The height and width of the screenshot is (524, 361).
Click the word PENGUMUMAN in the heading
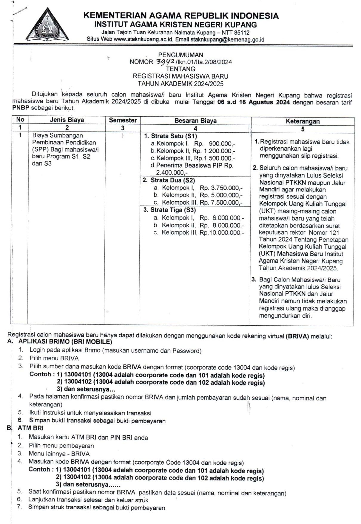click(180, 55)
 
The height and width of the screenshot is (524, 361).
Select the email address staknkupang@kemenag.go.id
click(227, 39)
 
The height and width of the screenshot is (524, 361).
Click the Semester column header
click(123, 120)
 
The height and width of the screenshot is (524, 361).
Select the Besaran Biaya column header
click(195, 121)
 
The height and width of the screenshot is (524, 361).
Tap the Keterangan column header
click(303, 121)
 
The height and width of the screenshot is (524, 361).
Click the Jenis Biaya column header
click(67, 120)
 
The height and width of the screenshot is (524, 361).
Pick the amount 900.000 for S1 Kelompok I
click(220, 143)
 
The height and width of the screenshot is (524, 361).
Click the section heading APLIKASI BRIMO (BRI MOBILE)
click(65, 342)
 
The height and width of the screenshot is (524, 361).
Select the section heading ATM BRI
click(30, 428)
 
